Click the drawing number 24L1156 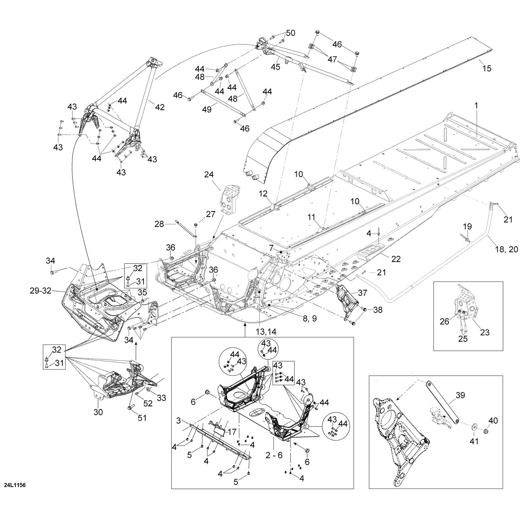(15, 484)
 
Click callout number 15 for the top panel (487, 69)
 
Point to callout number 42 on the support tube (159, 107)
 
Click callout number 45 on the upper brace (276, 67)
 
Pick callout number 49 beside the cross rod (207, 110)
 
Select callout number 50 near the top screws (291, 33)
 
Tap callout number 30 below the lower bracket (98, 412)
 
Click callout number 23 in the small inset (484, 332)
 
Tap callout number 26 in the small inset (444, 321)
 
